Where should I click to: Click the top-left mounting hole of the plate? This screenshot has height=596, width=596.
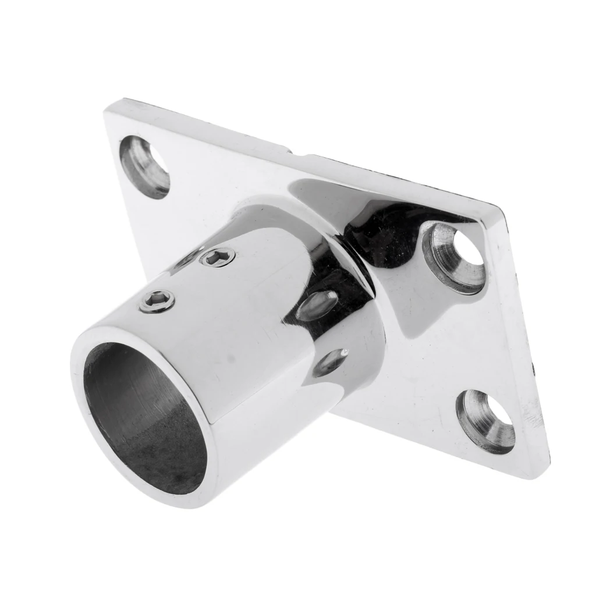point(145,166)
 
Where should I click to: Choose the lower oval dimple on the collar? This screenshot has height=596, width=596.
point(330,362)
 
